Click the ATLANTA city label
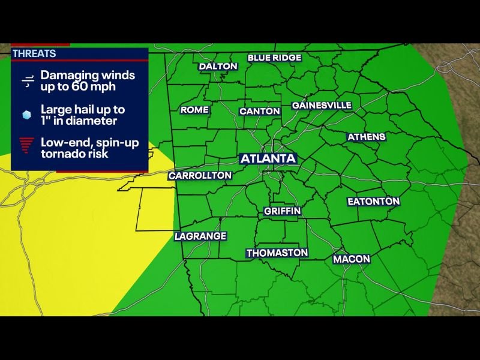click(268, 159)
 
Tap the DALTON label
click(218, 66)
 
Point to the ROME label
click(194, 110)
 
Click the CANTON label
click(260, 111)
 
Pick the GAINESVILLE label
click(322, 105)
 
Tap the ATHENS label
click(367, 137)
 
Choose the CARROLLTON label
click(200, 176)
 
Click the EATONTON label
click(373, 202)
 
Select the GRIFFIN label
click(282, 211)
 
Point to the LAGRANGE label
click(200, 236)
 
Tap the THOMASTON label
click(277, 253)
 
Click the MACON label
click(352, 259)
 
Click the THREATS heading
click(34, 53)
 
